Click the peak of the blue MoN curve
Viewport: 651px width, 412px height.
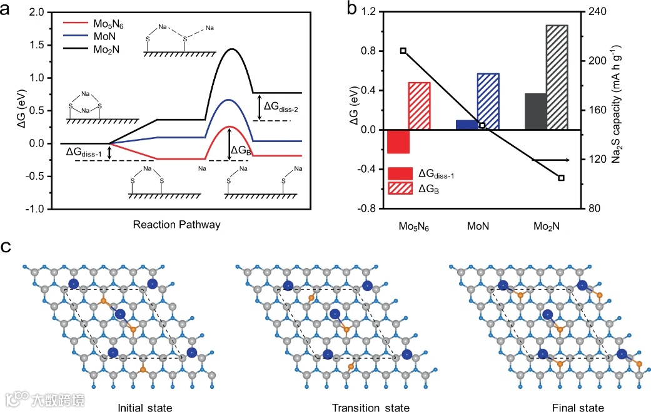tap(229, 100)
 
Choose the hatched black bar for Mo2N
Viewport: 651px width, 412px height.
tap(557, 77)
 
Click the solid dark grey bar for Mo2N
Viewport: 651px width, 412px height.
tap(535, 111)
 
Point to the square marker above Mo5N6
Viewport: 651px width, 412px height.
tap(403, 51)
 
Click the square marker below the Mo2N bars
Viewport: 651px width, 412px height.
tap(561, 178)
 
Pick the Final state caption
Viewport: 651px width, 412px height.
tap(578, 408)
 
